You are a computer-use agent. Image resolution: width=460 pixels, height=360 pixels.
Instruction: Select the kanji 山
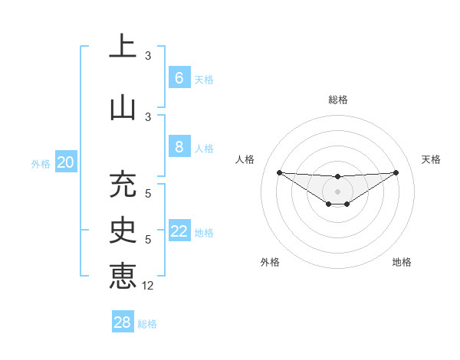(x=123, y=107)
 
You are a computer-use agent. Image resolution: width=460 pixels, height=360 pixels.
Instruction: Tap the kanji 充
(x=123, y=185)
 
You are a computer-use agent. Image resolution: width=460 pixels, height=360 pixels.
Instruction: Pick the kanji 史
(x=123, y=230)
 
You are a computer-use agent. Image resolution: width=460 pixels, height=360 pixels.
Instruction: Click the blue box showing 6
(x=179, y=78)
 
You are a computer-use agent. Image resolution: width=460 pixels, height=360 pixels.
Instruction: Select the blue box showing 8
(x=179, y=147)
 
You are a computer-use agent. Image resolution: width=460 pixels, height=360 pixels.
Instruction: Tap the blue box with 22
(x=179, y=231)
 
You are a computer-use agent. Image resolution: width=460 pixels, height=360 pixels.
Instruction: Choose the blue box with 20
(x=66, y=162)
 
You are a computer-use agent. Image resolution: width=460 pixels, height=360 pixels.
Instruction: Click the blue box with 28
(x=123, y=322)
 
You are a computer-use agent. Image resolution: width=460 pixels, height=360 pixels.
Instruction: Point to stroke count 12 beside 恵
(x=149, y=285)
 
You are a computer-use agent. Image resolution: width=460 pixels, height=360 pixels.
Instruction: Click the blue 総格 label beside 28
(x=147, y=324)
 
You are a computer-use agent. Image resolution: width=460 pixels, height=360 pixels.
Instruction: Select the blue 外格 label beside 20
(x=41, y=164)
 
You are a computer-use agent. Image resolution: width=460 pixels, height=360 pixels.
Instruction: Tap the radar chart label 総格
(x=337, y=100)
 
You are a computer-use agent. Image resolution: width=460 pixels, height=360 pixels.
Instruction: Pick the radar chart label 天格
(x=431, y=159)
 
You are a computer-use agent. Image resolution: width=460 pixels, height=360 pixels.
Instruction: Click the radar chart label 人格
(x=245, y=159)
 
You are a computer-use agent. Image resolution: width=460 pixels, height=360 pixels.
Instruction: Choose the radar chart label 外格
(x=270, y=262)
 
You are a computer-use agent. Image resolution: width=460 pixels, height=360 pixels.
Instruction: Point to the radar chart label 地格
(x=402, y=262)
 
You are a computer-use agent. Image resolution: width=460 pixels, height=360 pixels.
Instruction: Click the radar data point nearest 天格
(x=396, y=172)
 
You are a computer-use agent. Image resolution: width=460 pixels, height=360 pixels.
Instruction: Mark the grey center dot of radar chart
(x=337, y=191)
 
